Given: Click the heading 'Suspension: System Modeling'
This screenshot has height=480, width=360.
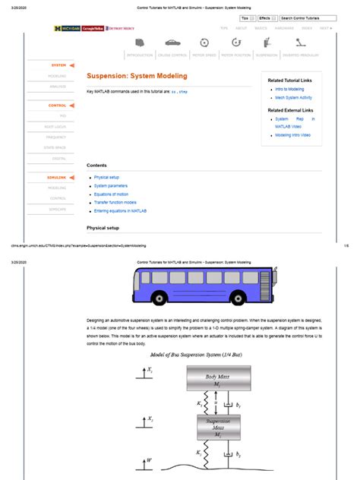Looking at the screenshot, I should tap(135, 77).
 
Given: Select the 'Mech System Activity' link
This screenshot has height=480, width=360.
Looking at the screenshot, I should tap(292, 98).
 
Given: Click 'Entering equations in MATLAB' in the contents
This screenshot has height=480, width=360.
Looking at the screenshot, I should tap(125, 211).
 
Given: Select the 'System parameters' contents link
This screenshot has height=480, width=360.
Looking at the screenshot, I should tap(111, 185).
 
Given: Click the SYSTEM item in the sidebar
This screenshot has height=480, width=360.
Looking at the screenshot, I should tap(59, 65).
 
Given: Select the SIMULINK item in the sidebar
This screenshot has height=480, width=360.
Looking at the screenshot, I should tap(59, 177).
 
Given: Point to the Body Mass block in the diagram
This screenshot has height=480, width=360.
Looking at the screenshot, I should tap(217, 379).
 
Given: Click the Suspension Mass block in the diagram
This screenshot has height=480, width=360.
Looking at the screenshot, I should tap(217, 427).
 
